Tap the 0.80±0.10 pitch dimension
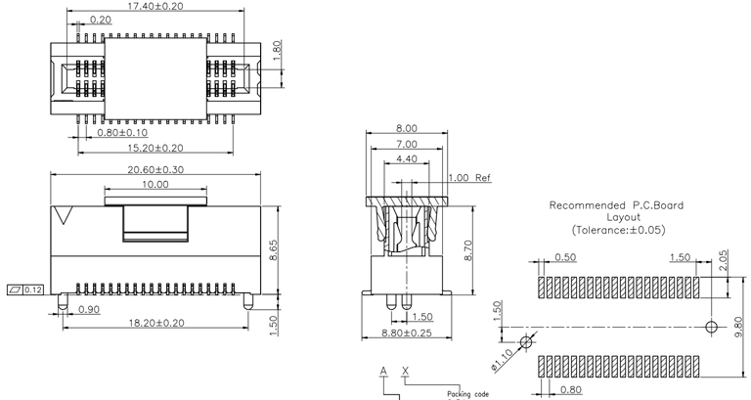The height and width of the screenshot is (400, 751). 122,132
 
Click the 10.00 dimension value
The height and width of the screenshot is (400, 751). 155,184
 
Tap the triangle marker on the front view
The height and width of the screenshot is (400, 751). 66,214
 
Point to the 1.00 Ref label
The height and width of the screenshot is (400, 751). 469,178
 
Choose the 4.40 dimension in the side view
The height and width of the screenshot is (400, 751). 407,159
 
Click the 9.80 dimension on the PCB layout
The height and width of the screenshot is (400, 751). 739,324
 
